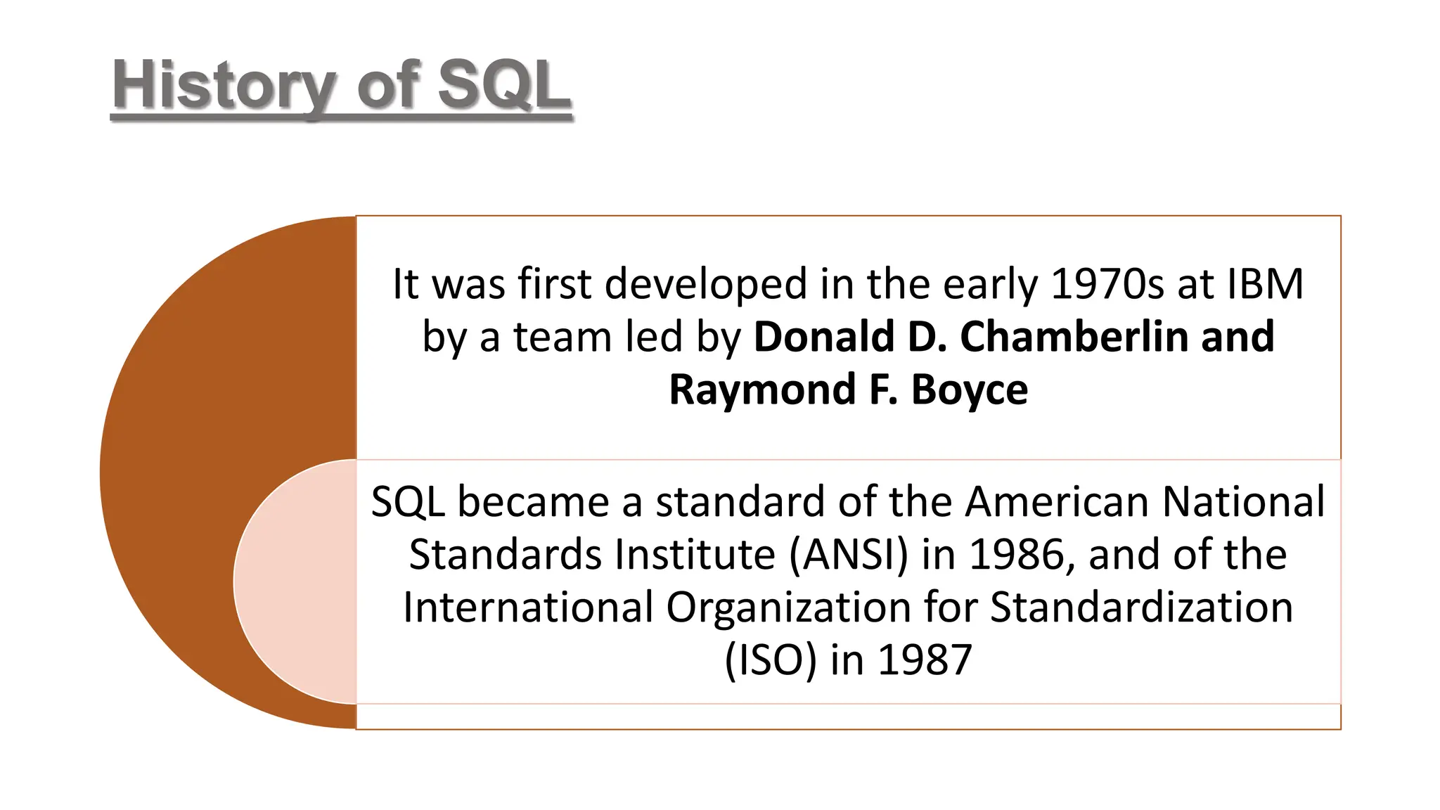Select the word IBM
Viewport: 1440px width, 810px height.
(x=1265, y=284)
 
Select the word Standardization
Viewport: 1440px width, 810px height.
(x=1141, y=607)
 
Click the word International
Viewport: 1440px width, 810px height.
(x=528, y=607)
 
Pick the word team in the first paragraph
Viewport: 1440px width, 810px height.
(x=562, y=337)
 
